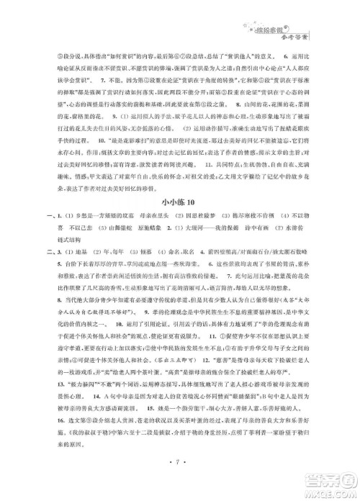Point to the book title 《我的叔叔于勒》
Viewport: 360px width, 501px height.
point(68,448)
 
